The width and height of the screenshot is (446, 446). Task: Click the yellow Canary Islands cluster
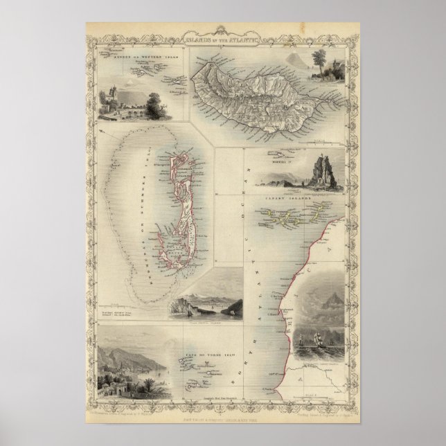(298, 219)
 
